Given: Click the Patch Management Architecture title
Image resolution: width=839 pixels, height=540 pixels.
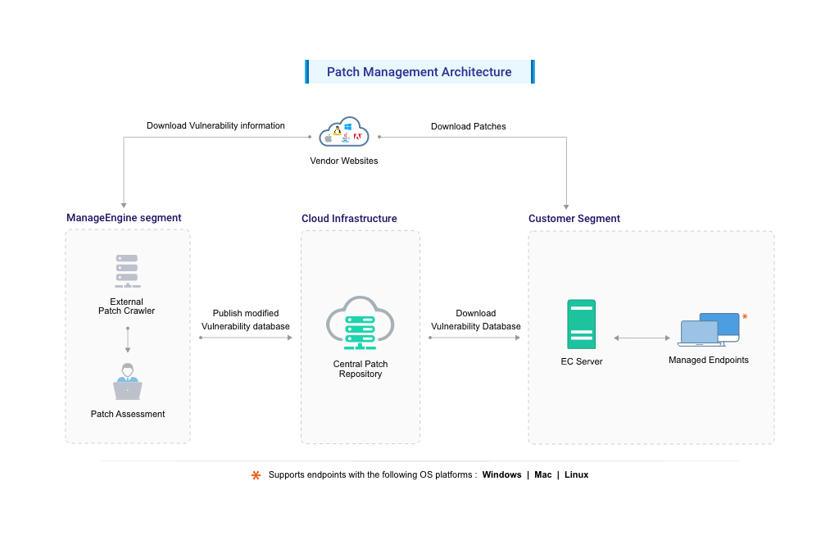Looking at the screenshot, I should (x=419, y=72).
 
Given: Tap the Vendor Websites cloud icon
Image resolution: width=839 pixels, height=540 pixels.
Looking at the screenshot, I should (x=344, y=133).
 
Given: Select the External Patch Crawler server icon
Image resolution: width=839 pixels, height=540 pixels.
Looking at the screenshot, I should (x=127, y=271).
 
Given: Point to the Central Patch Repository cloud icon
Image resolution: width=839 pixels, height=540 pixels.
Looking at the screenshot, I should (x=361, y=320).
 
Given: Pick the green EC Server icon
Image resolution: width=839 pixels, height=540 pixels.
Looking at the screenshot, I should (x=582, y=325).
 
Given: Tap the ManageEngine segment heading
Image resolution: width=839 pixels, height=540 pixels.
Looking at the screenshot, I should (x=124, y=218).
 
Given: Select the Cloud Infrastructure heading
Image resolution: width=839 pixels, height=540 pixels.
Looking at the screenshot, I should (x=349, y=219).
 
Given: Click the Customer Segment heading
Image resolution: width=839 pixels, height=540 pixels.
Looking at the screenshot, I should (x=574, y=219).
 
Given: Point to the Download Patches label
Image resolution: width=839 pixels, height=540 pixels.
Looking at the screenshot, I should (x=469, y=126).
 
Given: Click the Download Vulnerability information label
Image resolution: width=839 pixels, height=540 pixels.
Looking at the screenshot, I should (x=215, y=125).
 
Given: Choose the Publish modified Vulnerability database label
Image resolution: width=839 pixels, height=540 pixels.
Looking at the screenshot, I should (x=246, y=320).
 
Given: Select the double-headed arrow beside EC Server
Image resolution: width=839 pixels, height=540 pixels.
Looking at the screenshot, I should (x=642, y=338).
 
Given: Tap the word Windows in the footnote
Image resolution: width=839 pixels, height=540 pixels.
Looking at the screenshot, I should (x=501, y=474).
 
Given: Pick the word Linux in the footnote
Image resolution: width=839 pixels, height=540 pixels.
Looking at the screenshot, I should (x=576, y=474).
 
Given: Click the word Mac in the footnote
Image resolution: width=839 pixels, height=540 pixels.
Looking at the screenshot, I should (x=543, y=474).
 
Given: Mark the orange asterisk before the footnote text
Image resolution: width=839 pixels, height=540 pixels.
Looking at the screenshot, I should (x=256, y=475).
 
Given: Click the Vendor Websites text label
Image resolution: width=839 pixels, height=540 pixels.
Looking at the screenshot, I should (x=344, y=161).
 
